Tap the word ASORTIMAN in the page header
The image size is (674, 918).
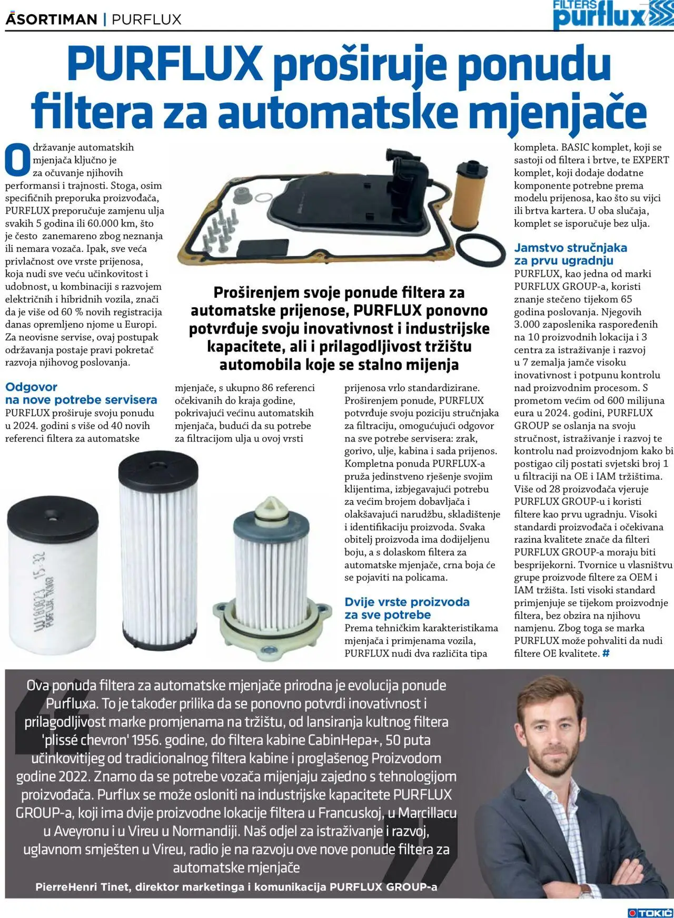pos(51,19)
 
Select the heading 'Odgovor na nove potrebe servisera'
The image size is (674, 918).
pos(81,393)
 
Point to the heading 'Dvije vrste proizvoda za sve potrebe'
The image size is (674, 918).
pos(407,608)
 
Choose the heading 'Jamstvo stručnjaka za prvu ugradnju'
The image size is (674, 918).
pos(570,253)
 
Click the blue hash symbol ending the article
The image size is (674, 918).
pos(606,653)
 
